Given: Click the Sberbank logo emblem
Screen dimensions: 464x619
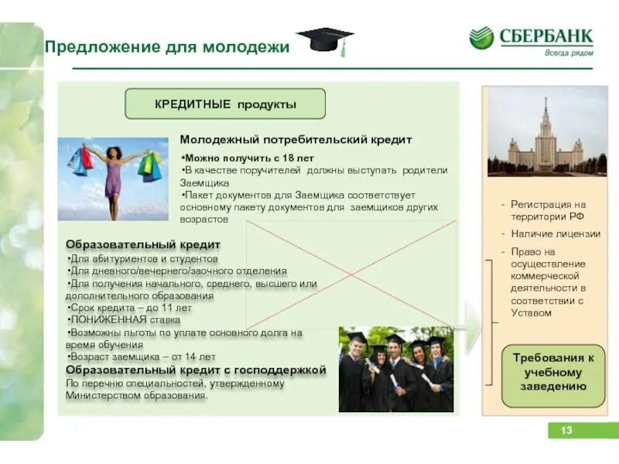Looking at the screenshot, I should point(480,38).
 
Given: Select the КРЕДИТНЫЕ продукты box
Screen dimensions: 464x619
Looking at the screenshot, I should point(225,104).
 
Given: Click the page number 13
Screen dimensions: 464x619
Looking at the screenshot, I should point(566,430).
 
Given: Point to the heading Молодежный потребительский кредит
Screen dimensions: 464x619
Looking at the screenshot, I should point(296,140).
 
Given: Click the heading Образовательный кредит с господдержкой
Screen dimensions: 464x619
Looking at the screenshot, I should point(196,370).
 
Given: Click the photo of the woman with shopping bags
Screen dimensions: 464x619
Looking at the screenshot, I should point(113,179).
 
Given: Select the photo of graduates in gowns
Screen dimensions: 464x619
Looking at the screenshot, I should point(395,369).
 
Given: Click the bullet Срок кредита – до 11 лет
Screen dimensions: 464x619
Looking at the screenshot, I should point(130,307).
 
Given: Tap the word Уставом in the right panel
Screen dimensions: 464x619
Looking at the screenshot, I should point(532,313).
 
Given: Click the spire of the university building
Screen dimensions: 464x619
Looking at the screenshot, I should point(545,104).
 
